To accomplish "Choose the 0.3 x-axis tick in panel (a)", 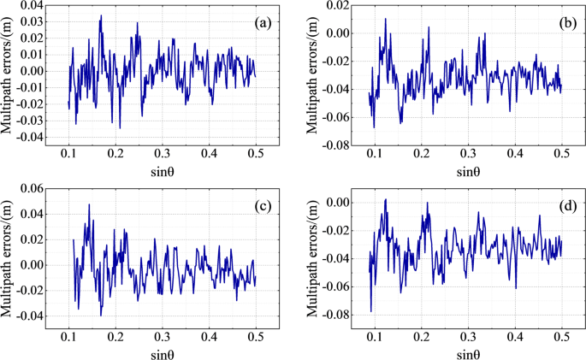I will (163, 151).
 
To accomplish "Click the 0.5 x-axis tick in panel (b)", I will (562, 151).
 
